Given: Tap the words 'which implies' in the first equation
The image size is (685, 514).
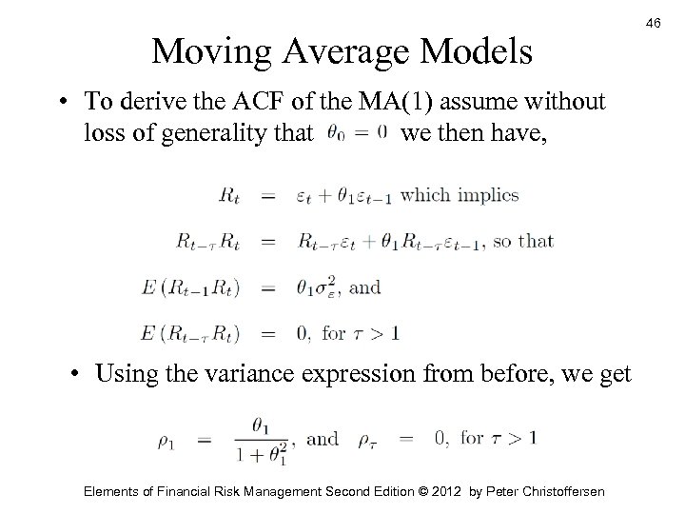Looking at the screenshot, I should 460,195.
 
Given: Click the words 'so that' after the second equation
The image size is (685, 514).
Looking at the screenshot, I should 523,241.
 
